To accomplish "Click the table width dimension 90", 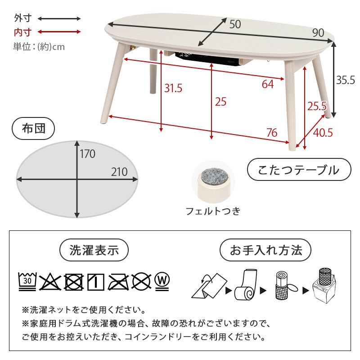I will pos(318,32).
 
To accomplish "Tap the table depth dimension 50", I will pos(235,24).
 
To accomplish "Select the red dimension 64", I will pos(267,84).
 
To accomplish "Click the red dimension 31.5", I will pos(173,88).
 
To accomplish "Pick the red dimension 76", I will pos(271,133).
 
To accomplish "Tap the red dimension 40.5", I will pos(323,133).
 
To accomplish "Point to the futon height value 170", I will pos(88,154).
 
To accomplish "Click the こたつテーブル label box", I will pos(299,170).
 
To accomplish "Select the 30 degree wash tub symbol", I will pos(27,281).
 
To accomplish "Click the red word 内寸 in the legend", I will pos(22,32).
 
